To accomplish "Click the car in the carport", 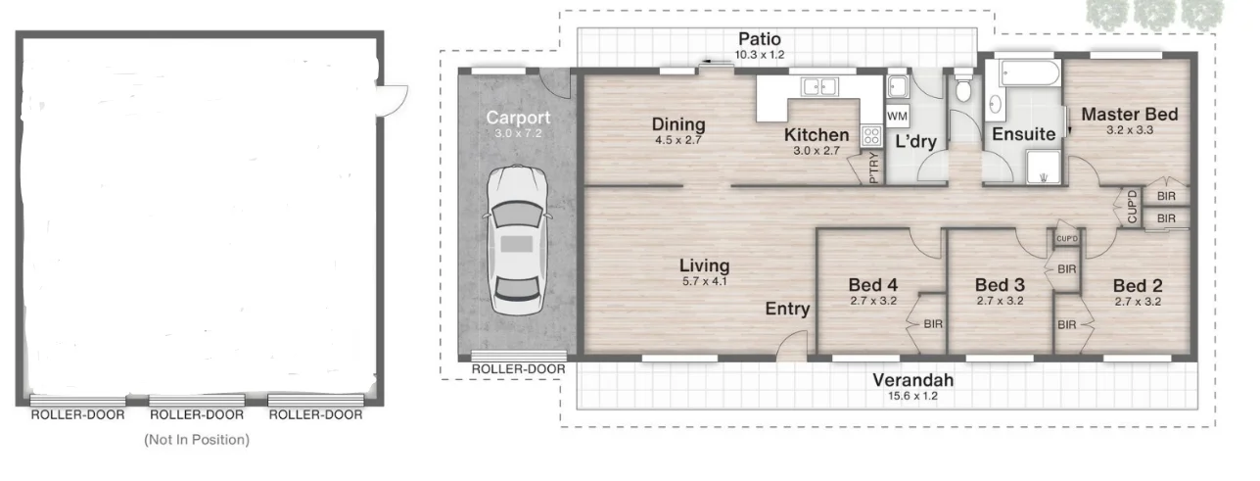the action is (517, 240).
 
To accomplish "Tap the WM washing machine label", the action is (897, 117).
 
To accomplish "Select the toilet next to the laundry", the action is (963, 85).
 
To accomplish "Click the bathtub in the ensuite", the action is (1030, 73).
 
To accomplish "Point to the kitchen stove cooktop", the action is (871, 135).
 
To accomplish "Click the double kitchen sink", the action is (819, 86).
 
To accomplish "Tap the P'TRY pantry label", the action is (873, 168).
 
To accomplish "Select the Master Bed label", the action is (1130, 115).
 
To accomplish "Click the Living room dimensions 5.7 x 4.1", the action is (704, 281).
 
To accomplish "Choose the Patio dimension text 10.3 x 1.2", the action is (760, 55).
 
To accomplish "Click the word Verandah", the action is (913, 380).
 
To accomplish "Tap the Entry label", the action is (787, 309).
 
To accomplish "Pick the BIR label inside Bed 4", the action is (933, 324).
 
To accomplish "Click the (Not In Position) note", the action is (197, 440).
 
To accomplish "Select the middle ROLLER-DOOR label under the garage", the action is (197, 414).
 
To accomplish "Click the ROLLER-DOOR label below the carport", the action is (518, 369).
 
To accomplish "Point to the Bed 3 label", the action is (1000, 285).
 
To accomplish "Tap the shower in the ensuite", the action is (1044, 167).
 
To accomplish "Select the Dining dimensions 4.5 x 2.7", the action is (678, 140).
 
